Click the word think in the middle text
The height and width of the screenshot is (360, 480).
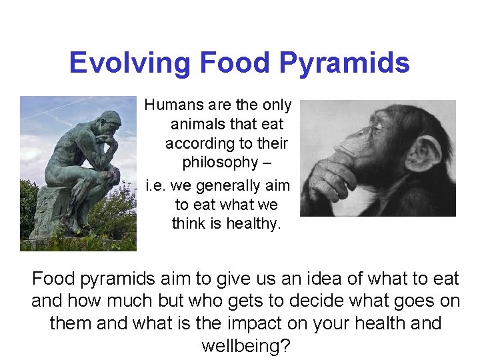coord(189,223)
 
